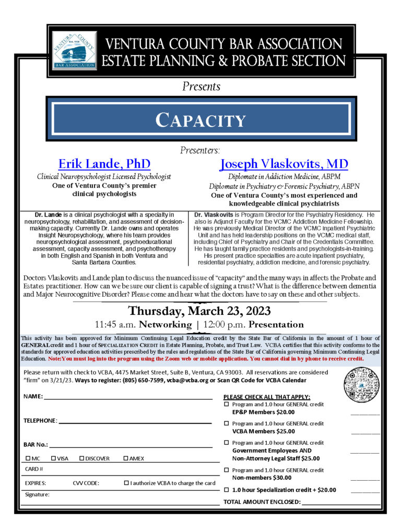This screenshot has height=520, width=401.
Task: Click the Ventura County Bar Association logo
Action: [75, 51]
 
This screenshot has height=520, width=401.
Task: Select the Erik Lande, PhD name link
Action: [104, 164]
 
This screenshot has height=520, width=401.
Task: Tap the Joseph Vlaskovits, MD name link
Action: [284, 164]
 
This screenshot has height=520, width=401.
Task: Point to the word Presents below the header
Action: [201, 86]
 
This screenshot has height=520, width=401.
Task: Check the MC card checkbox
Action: [28, 459]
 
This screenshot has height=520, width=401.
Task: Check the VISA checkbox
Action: [54, 459]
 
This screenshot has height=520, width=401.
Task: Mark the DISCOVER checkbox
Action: [82, 459]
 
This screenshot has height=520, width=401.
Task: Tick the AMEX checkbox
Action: [126, 459]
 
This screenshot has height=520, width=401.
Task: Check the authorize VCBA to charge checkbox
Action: [127, 483]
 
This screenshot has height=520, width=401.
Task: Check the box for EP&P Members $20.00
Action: [227, 405]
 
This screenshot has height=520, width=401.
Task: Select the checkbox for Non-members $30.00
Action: [227, 470]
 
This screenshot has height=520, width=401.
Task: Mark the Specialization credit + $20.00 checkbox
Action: [227, 490]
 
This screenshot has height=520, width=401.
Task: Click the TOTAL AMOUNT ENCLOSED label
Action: [262, 502]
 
